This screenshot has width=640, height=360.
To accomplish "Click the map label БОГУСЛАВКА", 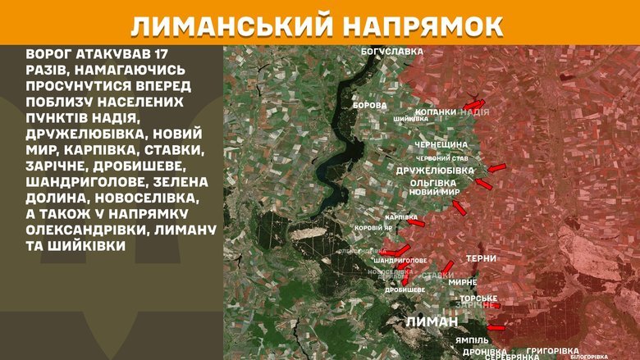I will (392, 52).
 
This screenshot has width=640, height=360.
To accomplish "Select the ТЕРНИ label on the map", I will (481, 259).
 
